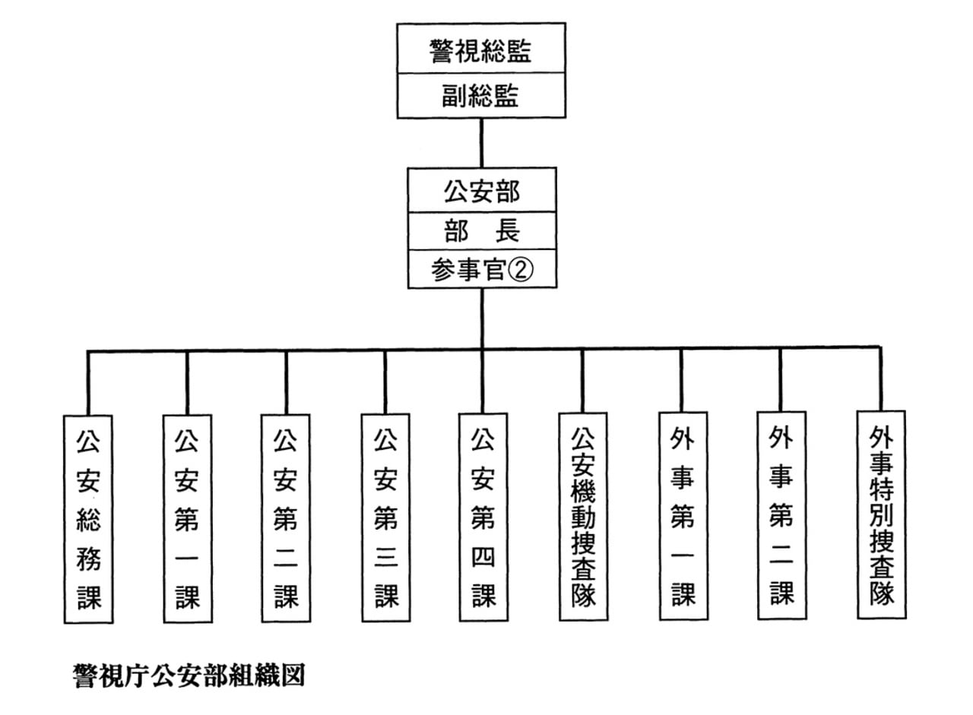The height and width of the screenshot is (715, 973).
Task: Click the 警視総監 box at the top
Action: [480, 51]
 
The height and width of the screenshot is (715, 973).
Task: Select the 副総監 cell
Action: [480, 96]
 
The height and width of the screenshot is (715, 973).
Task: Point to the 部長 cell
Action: [482, 231]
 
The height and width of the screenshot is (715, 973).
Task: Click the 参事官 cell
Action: [468, 270]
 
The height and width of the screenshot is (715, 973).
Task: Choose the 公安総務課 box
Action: [88, 518]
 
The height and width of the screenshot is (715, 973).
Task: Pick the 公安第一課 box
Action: [187, 518]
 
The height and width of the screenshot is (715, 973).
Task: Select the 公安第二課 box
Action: [285, 518]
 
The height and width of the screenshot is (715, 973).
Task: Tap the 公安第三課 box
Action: [385, 518]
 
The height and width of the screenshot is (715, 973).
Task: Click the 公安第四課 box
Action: [483, 518]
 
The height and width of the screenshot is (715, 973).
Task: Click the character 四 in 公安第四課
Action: [483, 559]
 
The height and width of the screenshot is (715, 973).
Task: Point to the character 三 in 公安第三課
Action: [385, 561]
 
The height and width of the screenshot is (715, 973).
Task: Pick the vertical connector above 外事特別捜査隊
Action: [880, 380]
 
